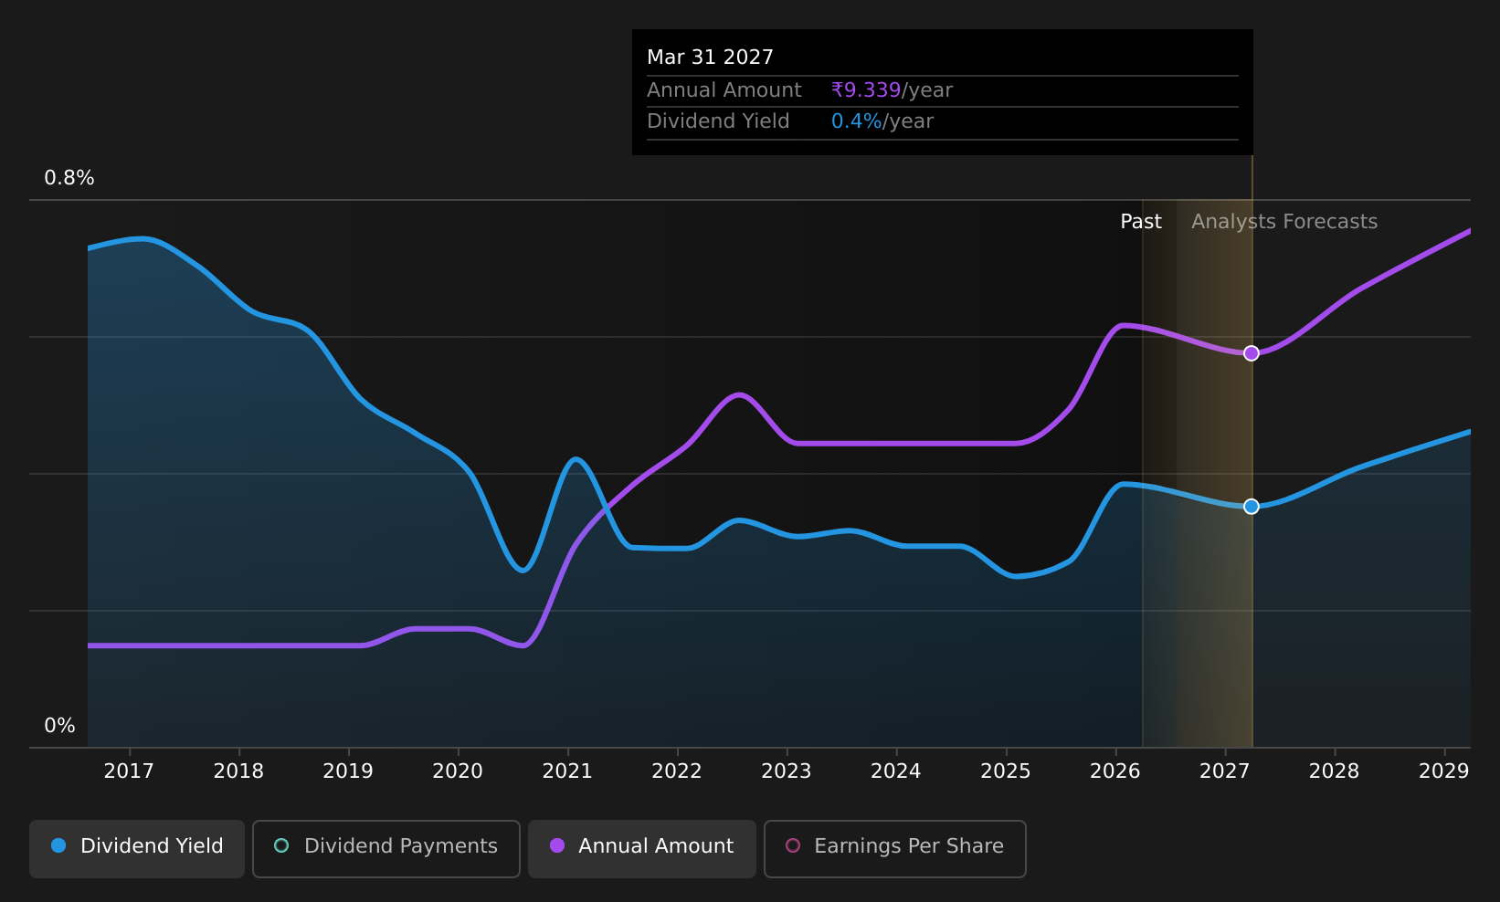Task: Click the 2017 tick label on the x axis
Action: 129,771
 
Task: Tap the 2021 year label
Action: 567,771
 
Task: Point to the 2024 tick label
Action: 896,771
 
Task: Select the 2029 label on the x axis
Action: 1443,771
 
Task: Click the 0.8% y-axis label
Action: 69,178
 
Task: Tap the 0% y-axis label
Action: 59,726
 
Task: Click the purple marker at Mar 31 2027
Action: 1251,353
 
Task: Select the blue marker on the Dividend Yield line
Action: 1251,507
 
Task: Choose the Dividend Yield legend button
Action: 137,848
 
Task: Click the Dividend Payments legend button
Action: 386,848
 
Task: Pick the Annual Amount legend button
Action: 642,848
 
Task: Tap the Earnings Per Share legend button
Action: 895,848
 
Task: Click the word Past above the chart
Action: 1141,222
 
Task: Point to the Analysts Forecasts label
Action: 1284,222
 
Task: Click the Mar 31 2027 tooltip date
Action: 710,58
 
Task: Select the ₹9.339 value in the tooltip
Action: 866,89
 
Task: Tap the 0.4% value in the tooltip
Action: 857,121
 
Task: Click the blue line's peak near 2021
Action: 576,459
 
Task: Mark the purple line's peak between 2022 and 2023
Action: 738,394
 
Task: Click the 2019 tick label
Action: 348,771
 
